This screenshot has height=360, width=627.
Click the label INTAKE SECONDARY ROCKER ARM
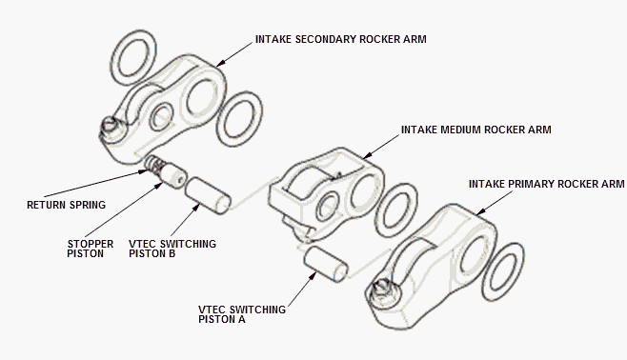click(x=341, y=39)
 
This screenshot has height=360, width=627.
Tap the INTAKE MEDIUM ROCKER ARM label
click(x=475, y=130)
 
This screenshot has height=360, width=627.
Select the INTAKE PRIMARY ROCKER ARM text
click(x=546, y=184)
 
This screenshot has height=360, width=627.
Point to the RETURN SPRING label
click(x=66, y=205)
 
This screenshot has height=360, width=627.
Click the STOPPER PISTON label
click(x=90, y=249)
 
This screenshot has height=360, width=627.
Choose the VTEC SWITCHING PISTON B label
click(x=172, y=249)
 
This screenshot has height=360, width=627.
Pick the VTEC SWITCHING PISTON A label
click(x=242, y=314)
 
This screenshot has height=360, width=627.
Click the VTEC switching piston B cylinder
click(x=208, y=195)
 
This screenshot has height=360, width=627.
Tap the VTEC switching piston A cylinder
click(x=326, y=264)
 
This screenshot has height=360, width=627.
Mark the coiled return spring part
click(x=153, y=164)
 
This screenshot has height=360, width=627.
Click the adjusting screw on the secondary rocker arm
click(x=109, y=127)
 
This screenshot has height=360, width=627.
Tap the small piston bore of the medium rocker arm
click(x=327, y=207)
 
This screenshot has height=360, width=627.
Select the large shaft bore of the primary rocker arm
click(x=475, y=255)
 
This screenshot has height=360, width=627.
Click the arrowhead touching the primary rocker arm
click(x=480, y=211)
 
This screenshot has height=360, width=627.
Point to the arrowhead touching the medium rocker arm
click(x=367, y=156)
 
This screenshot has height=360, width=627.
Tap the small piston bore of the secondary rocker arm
click(x=161, y=116)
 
